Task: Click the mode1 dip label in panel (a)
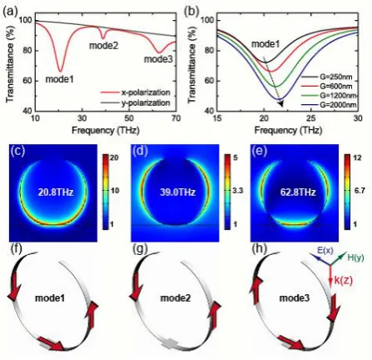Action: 60,79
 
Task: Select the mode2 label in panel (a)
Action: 104,46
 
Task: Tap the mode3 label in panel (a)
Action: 158,59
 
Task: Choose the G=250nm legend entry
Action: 329,77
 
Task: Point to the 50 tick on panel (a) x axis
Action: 129,118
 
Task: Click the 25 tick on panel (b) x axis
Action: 311,118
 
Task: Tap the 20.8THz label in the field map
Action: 56,192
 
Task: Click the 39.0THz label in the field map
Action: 177,192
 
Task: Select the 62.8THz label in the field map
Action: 298,192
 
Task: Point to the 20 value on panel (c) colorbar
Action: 114,157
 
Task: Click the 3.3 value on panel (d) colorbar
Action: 238,191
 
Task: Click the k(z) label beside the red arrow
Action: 344,281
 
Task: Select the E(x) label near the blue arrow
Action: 325,251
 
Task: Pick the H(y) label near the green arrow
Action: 355,257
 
